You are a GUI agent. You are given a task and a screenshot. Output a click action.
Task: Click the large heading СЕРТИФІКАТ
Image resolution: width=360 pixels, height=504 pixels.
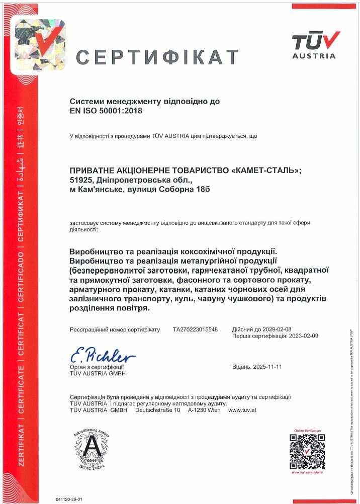(x=157, y=56)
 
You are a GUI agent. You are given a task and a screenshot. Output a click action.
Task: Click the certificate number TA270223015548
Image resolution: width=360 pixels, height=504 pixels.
(x=196, y=329)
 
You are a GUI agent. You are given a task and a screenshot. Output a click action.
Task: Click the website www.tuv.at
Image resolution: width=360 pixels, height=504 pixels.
(x=243, y=410)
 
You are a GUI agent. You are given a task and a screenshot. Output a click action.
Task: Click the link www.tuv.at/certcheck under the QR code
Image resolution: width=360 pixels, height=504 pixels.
(x=307, y=472)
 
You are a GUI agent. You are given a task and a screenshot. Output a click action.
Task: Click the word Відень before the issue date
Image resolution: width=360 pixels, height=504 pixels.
(x=242, y=367)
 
